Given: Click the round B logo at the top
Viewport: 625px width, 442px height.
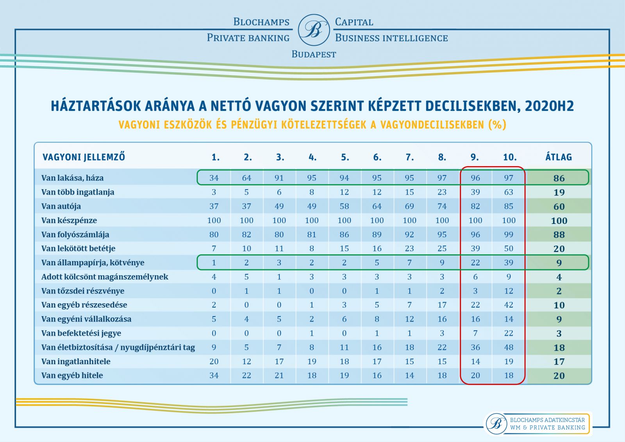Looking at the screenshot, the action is click(x=314, y=30).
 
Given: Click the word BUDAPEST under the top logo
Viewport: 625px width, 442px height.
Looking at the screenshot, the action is click(x=314, y=54).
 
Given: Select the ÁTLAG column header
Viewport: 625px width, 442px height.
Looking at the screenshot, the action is click(x=559, y=157).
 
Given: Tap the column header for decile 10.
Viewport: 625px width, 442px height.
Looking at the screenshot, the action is click(x=510, y=157).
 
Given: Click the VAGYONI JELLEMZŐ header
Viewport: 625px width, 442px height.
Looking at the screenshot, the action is click(x=84, y=157).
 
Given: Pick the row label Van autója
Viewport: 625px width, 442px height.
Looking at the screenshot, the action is click(x=61, y=206).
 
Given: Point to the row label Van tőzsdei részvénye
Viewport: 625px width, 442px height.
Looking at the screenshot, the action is click(x=83, y=291).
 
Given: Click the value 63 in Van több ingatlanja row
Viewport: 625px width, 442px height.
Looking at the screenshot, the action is click(x=509, y=192).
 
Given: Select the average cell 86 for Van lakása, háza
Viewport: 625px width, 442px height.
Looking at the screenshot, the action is click(x=559, y=178).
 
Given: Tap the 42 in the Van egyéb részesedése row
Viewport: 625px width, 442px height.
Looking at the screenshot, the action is click(x=509, y=305).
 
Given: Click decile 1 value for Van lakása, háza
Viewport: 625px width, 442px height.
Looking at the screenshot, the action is click(x=214, y=178).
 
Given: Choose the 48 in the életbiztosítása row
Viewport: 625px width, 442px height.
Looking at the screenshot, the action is click(x=509, y=347).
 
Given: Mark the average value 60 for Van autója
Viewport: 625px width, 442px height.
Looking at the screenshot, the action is click(x=559, y=207).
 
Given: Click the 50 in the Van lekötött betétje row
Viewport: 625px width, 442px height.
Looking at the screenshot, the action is click(x=509, y=249).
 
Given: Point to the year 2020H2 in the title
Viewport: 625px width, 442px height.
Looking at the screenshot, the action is click(x=549, y=106).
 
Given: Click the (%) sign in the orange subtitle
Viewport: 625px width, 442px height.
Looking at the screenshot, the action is click(x=497, y=125).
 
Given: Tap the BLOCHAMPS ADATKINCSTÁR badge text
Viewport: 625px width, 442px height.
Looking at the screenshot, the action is click(x=547, y=420).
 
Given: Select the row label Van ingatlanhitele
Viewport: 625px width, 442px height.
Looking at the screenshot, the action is click(x=76, y=361).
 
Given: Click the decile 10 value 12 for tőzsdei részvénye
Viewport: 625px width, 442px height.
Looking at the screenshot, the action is click(x=509, y=291).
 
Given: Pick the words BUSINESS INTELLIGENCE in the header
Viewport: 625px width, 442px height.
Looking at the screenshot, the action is click(x=391, y=38).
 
